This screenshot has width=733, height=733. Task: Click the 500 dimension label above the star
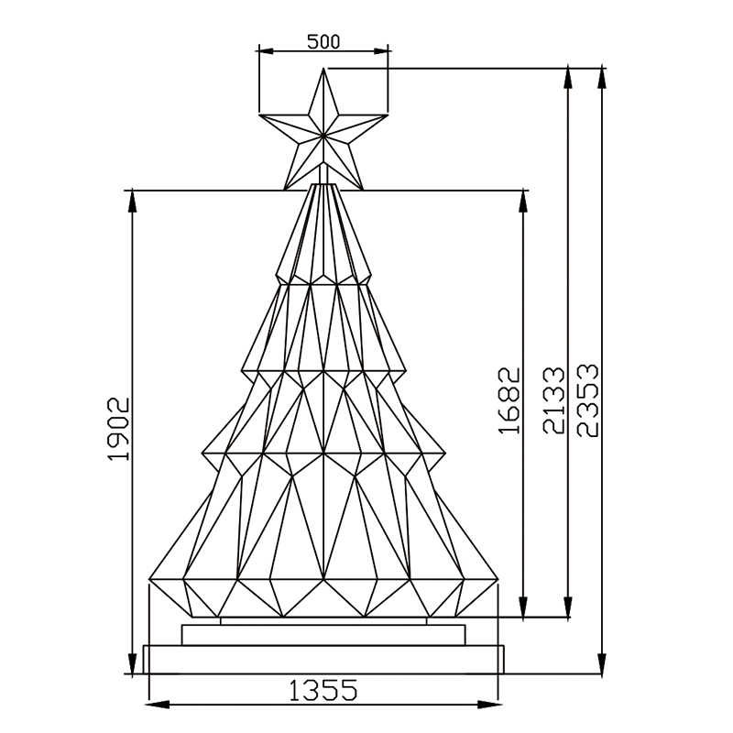click(323, 41)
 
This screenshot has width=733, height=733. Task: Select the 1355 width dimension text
click(323, 691)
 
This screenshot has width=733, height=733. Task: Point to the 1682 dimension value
click(509, 400)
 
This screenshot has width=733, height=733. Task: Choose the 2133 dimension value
click(553, 400)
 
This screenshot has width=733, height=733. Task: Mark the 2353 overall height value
click(587, 400)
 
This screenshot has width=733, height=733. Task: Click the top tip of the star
click(323, 68)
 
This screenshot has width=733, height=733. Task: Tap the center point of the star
click(323, 136)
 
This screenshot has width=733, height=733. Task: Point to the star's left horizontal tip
click(259, 114)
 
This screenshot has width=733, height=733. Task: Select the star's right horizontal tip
click(388, 114)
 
